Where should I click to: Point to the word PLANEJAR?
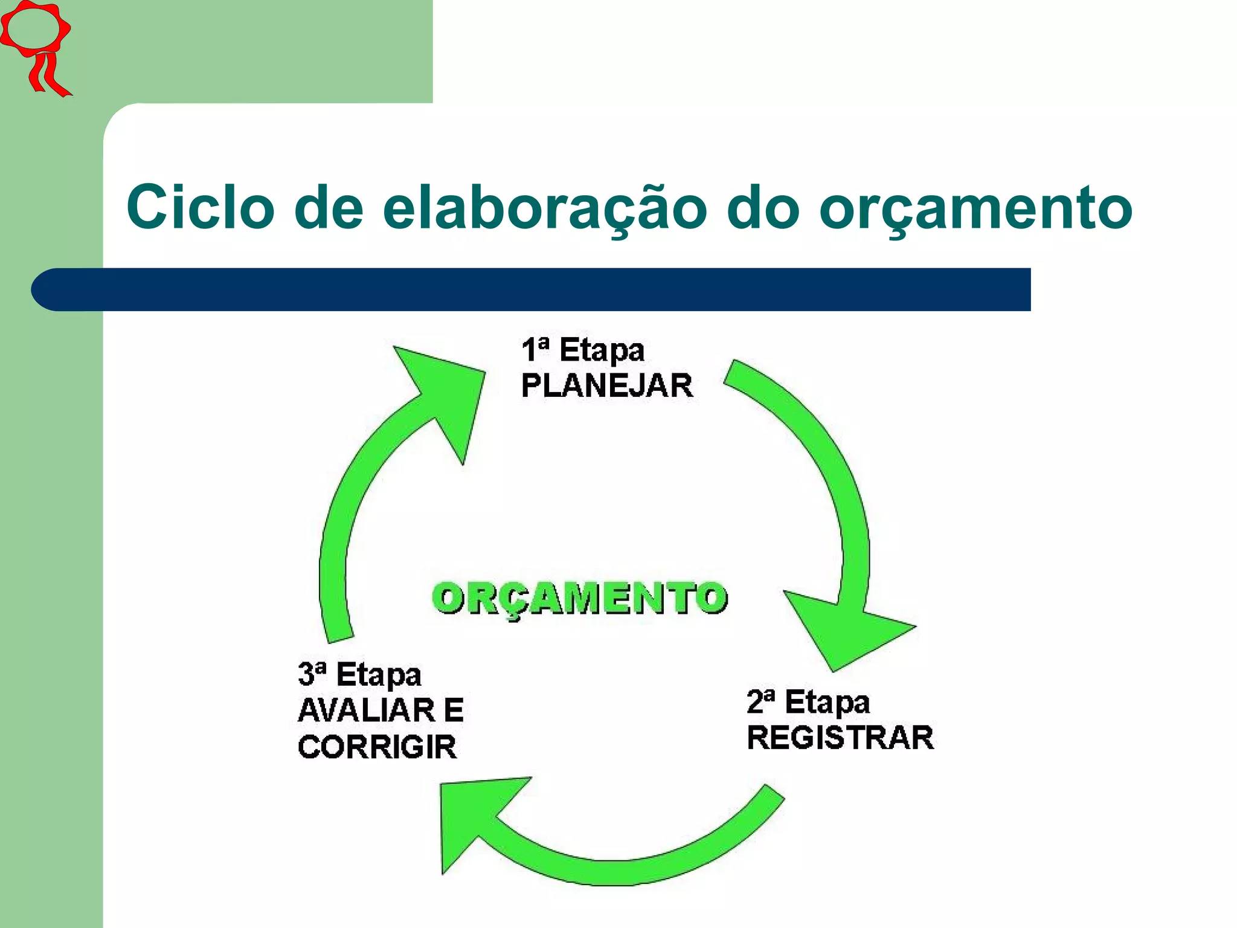click(606, 385)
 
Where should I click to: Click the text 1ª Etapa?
click(583, 350)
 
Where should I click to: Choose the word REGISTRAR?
click(840, 738)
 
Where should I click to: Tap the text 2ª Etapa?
click(808, 702)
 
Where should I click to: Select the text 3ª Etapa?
click(359, 674)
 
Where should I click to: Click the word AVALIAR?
click(366, 710)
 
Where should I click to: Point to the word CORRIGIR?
click(377, 747)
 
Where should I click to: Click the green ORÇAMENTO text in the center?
click(580, 598)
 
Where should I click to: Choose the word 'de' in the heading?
click(329, 207)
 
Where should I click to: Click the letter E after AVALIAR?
click(454, 710)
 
